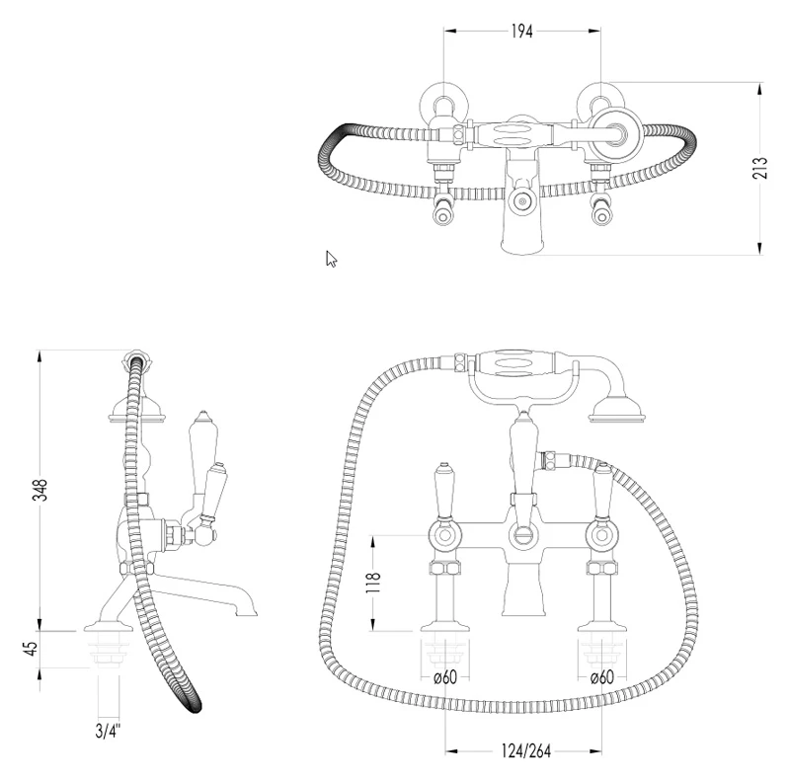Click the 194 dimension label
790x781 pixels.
(522, 32)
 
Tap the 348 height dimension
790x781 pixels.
(39, 490)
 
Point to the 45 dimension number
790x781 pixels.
(32, 649)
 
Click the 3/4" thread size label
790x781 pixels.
(109, 730)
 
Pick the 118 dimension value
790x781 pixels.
(374, 583)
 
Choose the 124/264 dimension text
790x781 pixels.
(526, 751)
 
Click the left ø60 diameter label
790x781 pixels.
(445, 677)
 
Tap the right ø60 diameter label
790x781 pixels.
(602, 677)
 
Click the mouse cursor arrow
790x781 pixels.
(331, 259)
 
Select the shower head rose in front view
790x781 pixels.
(616, 409)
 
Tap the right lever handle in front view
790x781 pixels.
(601, 491)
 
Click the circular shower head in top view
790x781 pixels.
(615, 133)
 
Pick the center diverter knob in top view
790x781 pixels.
(522, 202)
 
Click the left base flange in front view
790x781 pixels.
(445, 625)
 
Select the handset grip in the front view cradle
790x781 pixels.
(513, 365)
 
